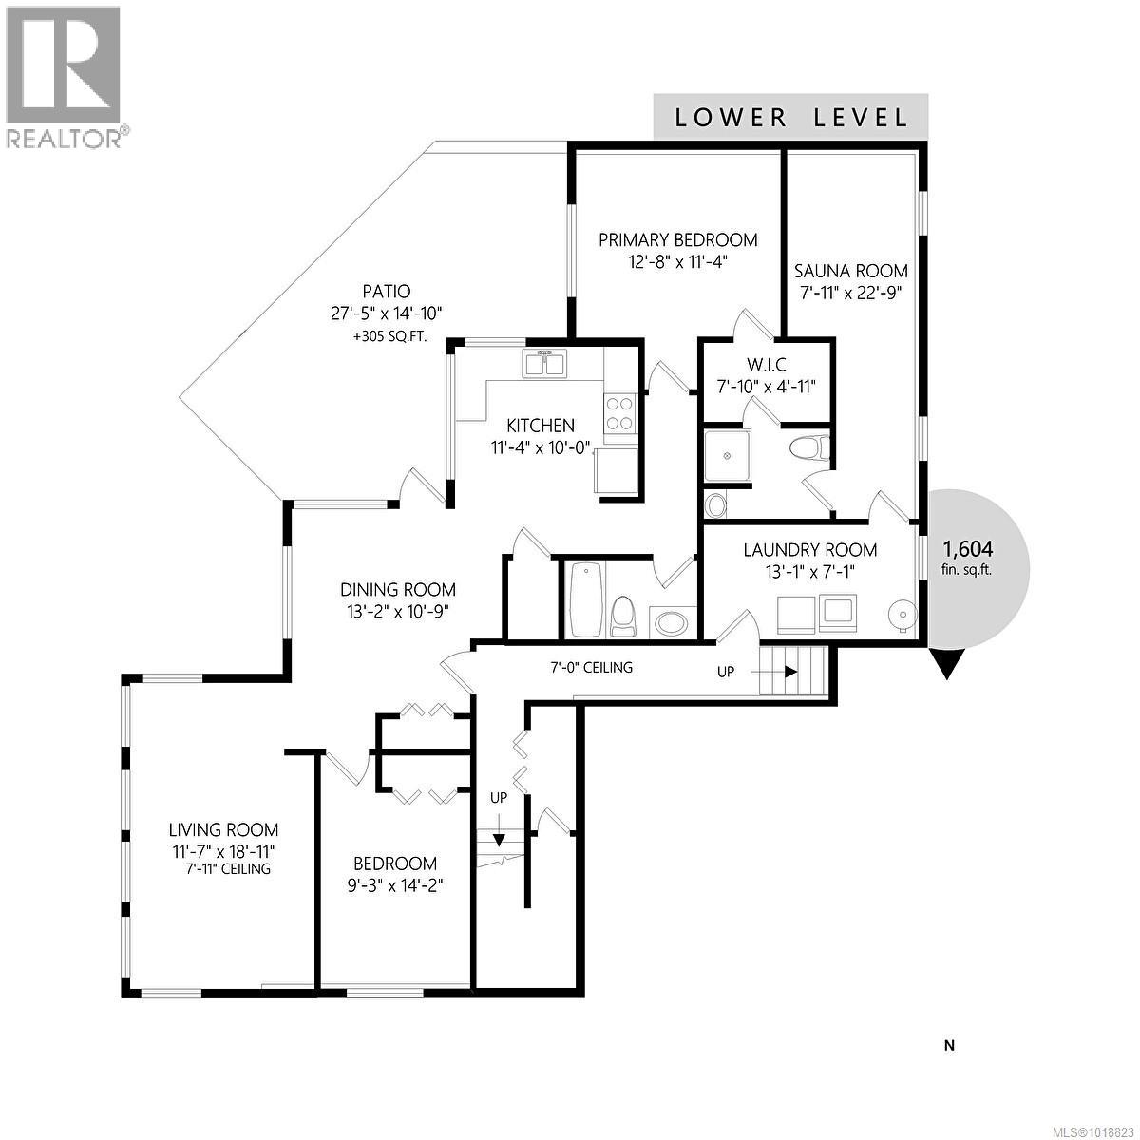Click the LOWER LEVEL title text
pyautogui.click(x=790, y=118)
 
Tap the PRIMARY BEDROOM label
pyautogui.click(x=677, y=240)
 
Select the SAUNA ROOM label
pyautogui.click(x=850, y=271)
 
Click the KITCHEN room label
pyautogui.click(x=540, y=425)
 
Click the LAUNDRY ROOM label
pyautogui.click(x=809, y=550)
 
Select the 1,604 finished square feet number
pyautogui.click(x=967, y=549)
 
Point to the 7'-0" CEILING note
pyautogui.click(x=591, y=668)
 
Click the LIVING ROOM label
pyautogui.click(x=223, y=830)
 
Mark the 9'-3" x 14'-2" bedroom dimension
pyautogui.click(x=395, y=884)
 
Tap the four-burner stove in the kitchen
pyautogui.click(x=619, y=414)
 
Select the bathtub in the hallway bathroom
pyautogui.click(x=583, y=598)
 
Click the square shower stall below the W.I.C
pyautogui.click(x=730, y=457)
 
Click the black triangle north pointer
pyautogui.click(x=946, y=663)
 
